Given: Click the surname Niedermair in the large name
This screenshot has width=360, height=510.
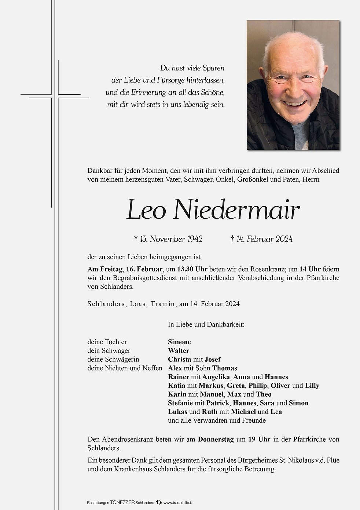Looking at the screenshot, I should [x=236, y=210].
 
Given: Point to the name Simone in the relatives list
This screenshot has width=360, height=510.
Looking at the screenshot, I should [x=179, y=342].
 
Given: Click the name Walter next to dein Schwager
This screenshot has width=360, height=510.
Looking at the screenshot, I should [x=179, y=351].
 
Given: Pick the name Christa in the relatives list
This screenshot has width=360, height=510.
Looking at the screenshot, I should [x=179, y=360].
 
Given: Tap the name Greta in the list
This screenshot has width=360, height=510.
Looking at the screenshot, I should [x=236, y=386].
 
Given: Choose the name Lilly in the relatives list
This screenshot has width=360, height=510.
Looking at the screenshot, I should [x=312, y=386].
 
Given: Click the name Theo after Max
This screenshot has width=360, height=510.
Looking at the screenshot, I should [x=264, y=394].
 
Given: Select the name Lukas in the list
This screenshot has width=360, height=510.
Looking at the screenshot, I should [x=177, y=412].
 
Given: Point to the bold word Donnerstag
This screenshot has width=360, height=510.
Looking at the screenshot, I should [x=216, y=440].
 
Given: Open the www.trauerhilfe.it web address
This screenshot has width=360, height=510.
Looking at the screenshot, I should [x=178, y=503].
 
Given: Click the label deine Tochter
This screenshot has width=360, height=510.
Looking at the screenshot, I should [x=107, y=342].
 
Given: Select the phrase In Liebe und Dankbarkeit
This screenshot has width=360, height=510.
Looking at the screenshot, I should [x=206, y=324].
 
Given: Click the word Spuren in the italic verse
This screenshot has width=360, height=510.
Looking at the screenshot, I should [x=213, y=68].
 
